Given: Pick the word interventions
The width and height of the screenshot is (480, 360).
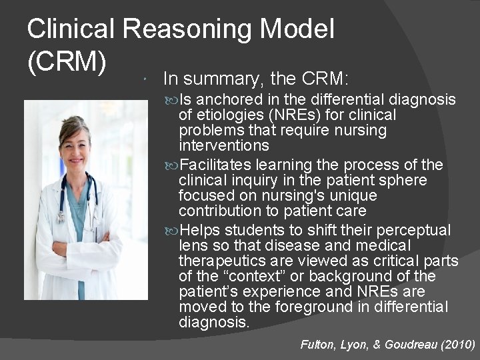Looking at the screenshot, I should pos(224,145).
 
